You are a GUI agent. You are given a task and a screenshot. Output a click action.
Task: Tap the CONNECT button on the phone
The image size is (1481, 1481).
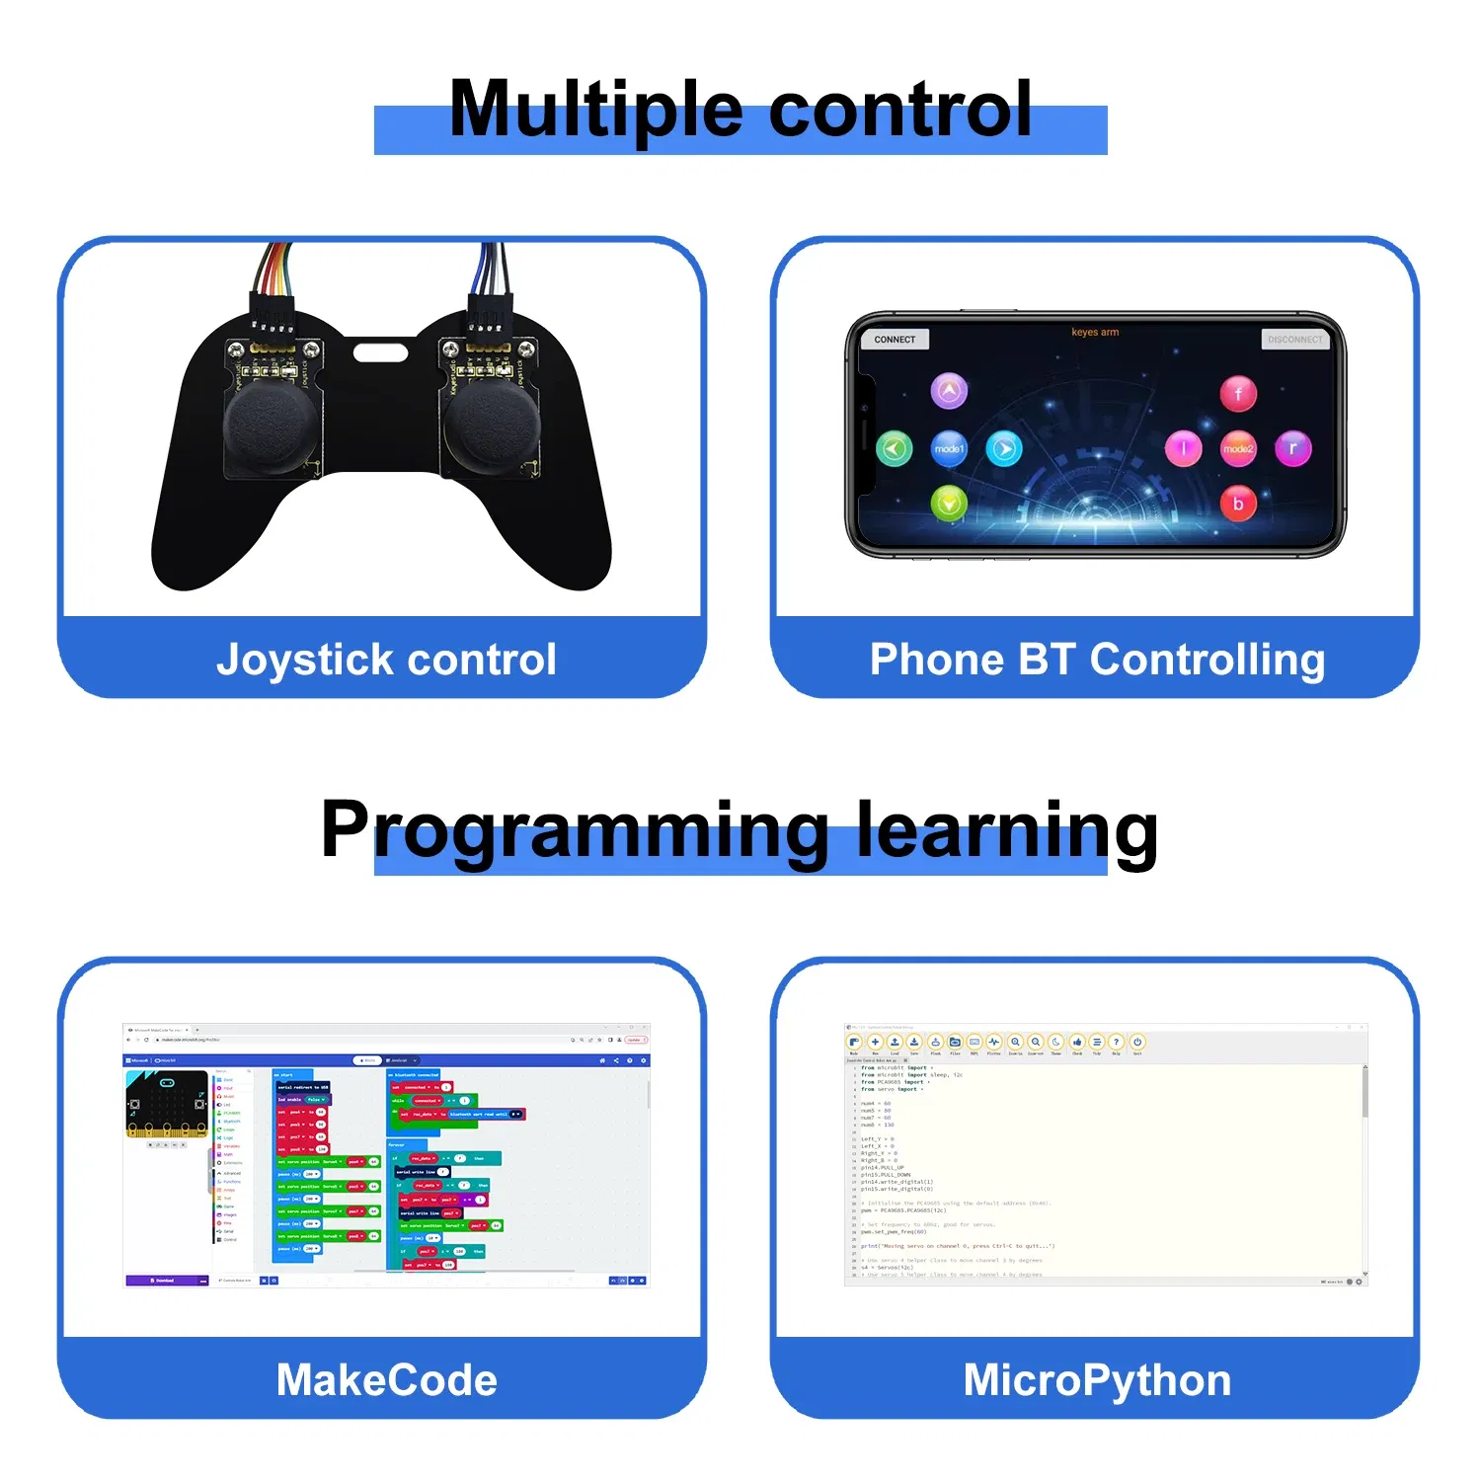pyautogui.click(x=895, y=339)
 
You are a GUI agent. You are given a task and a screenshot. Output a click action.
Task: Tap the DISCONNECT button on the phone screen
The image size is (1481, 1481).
pyautogui.click(x=1294, y=339)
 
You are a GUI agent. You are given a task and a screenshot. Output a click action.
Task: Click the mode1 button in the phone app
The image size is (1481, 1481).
pyautogui.click(x=949, y=448)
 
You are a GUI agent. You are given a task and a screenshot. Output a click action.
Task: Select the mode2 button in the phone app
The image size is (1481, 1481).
pyautogui.click(x=1238, y=448)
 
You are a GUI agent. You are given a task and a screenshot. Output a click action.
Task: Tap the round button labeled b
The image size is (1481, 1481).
pyautogui.click(x=1238, y=504)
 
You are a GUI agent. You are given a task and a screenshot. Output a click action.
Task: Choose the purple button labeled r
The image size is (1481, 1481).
pyautogui.click(x=1293, y=448)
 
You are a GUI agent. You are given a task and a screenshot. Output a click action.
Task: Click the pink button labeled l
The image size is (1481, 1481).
pyautogui.click(x=1183, y=448)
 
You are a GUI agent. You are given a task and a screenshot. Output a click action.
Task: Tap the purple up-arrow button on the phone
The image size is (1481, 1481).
pyautogui.click(x=949, y=391)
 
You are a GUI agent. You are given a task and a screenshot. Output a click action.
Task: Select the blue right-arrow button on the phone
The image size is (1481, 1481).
pyautogui.click(x=1004, y=449)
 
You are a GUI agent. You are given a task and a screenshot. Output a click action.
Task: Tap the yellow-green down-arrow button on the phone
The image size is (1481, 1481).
pyautogui.click(x=949, y=505)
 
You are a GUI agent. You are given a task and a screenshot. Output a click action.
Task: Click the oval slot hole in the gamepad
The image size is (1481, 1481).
pyautogui.click(x=380, y=351)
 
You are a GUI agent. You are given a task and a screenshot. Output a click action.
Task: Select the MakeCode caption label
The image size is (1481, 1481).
pyautogui.click(x=386, y=1380)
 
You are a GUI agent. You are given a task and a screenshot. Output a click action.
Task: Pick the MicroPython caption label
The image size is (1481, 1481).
pyautogui.click(x=1097, y=1380)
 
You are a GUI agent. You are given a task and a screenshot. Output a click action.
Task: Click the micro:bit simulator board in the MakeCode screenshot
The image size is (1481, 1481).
pyautogui.click(x=167, y=1104)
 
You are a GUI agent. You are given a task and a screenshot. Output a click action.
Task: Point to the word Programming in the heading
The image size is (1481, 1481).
pyautogui.click(x=575, y=829)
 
